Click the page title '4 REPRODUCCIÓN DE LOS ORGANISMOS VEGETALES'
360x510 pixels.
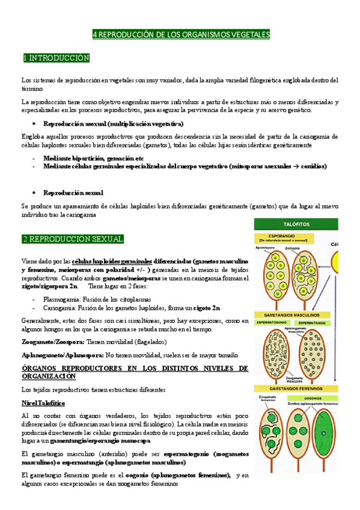coord(181,35)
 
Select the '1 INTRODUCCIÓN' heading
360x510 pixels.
coord(55,58)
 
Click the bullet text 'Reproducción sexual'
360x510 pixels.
coord(73,192)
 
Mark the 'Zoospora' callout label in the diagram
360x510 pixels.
coord(299,247)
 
